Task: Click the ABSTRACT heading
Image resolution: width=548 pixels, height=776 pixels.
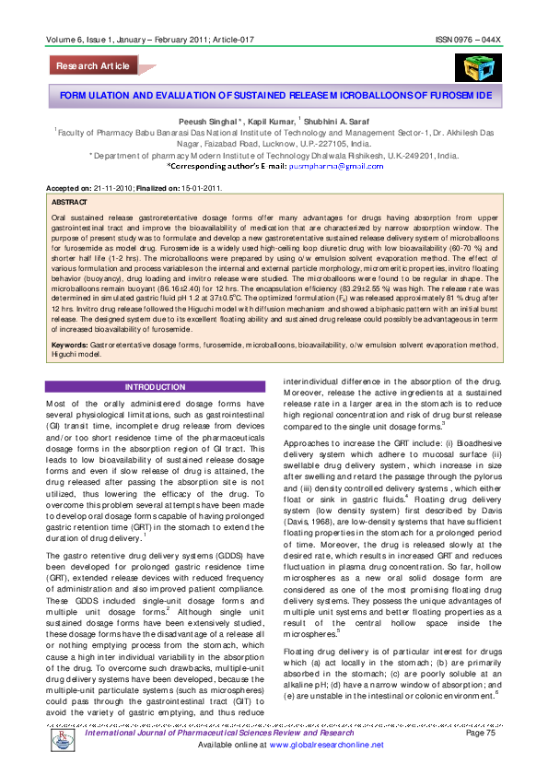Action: pos(71,200)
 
